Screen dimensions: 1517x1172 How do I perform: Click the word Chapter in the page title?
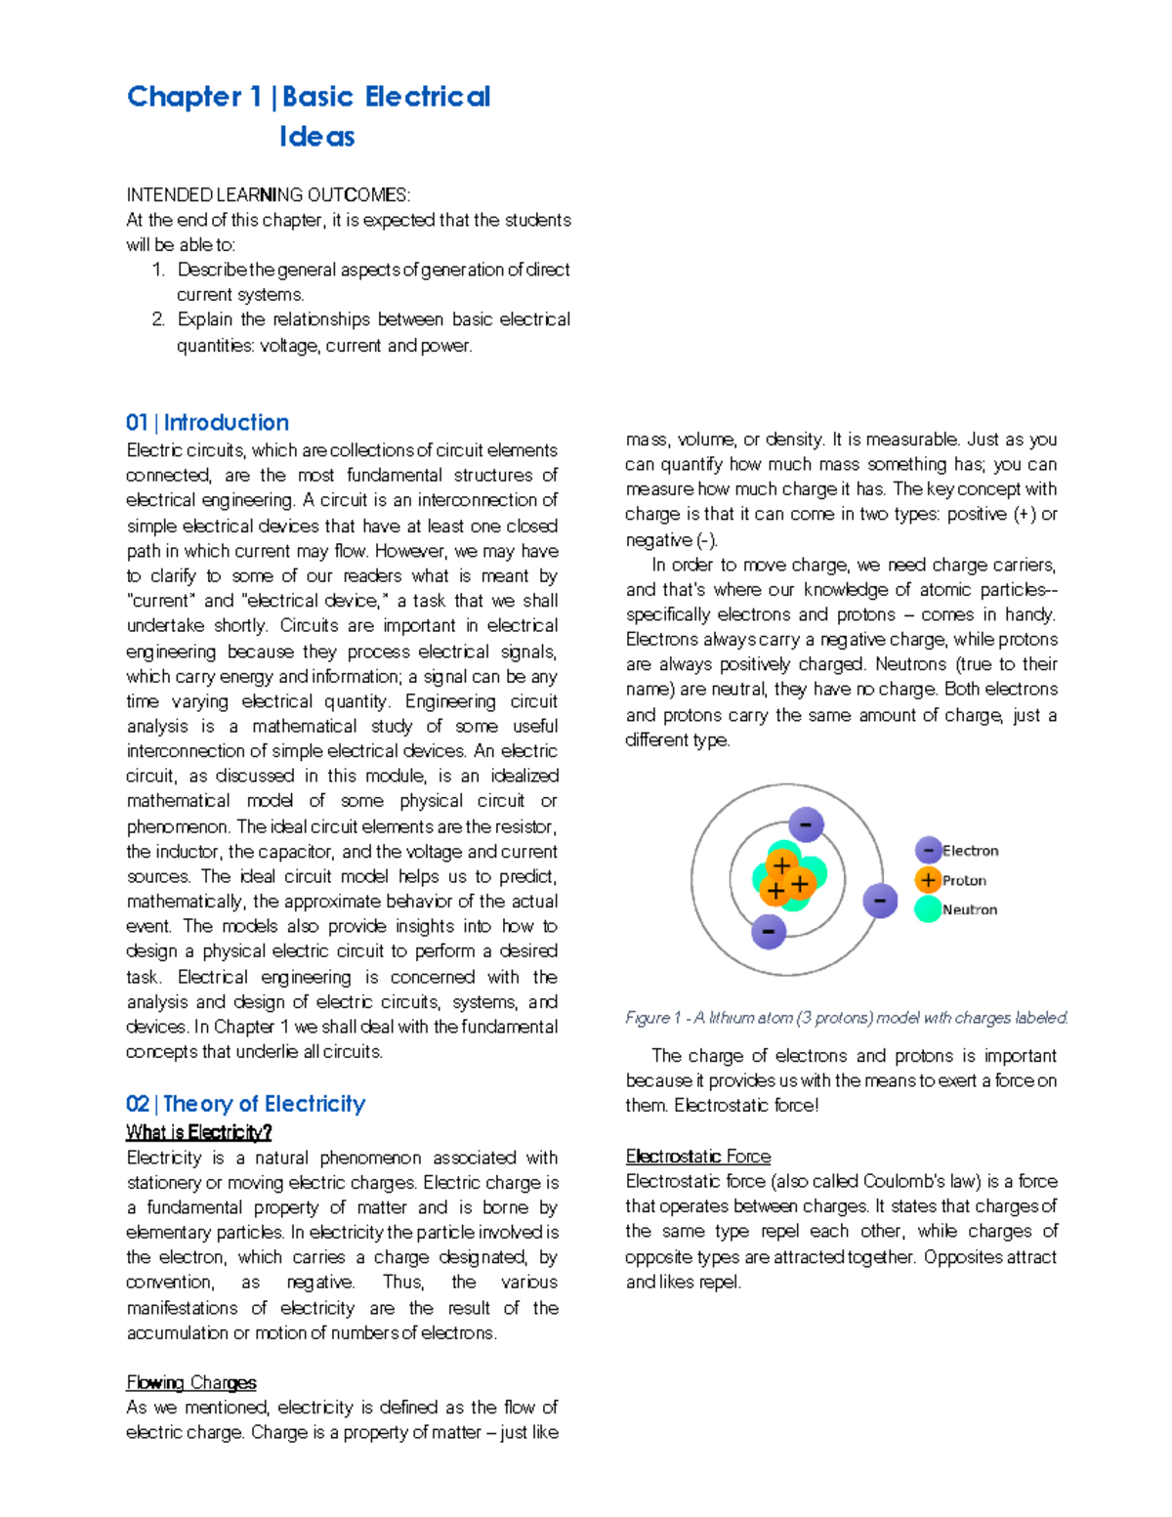(x=185, y=97)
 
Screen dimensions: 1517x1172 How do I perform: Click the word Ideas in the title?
(x=316, y=137)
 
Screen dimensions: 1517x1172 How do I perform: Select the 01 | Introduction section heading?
(x=207, y=423)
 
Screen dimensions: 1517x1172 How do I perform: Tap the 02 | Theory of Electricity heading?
(x=245, y=1104)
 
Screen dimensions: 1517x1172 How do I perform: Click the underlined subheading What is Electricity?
(x=198, y=1132)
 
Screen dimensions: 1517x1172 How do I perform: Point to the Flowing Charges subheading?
(x=191, y=1382)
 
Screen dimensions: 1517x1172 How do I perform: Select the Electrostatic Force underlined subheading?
(x=697, y=1157)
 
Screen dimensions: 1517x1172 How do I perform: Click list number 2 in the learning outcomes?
(x=158, y=319)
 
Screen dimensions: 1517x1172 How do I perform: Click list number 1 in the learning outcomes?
(x=158, y=270)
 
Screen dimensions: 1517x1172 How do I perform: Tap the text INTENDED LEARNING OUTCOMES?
(x=268, y=195)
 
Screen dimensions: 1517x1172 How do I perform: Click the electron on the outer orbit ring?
(x=880, y=901)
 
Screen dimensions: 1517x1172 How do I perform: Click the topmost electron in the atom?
(x=806, y=824)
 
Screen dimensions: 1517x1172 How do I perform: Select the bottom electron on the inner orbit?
(x=769, y=932)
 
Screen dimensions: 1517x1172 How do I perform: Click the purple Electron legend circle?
(x=928, y=851)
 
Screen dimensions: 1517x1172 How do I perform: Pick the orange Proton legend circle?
(x=928, y=880)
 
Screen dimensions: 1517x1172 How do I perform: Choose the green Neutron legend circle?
(x=928, y=909)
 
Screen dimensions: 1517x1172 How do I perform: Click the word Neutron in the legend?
(x=970, y=909)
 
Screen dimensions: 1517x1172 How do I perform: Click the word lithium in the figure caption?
(x=732, y=1018)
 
